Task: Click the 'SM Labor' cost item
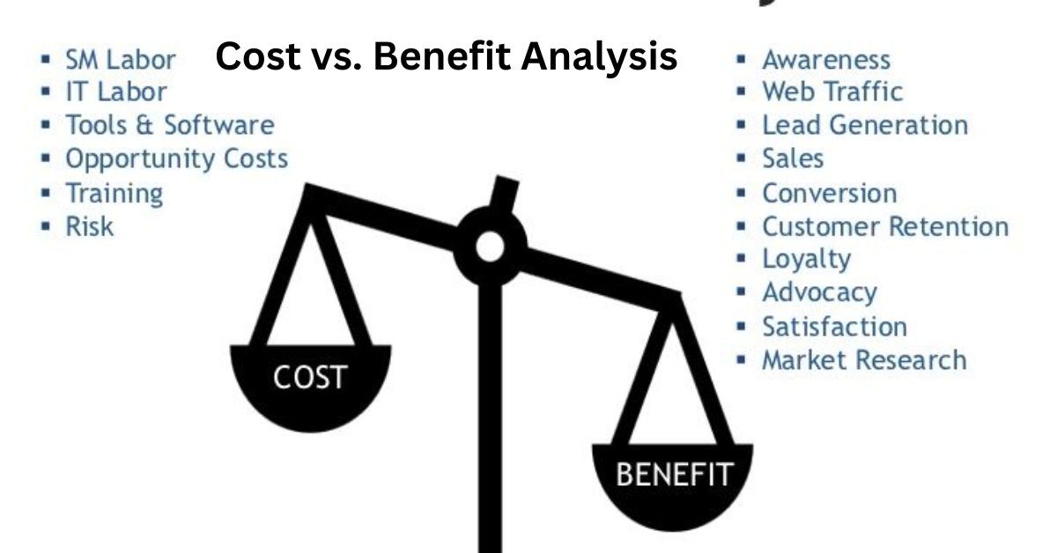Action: coord(121,60)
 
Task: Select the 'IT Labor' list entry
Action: coord(116,92)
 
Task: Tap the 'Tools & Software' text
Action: coord(170,125)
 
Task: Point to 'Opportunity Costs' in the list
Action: coord(176,159)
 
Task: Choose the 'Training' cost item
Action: coord(115,194)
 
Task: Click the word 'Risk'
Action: coord(89,226)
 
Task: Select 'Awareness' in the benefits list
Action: coord(826,60)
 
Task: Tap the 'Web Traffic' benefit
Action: coord(832,92)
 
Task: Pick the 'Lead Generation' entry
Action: coord(865,125)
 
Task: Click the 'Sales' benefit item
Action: coord(793,159)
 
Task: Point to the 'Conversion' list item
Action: coord(830,194)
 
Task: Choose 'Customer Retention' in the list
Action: coord(885,226)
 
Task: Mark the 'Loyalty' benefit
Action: coord(807,260)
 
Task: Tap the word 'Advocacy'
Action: coord(820,293)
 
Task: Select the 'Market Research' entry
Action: coord(864,360)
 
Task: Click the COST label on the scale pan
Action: coord(310,378)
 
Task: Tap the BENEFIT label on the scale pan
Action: coord(675,475)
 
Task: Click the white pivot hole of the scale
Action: coord(490,247)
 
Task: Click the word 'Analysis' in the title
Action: coord(599,57)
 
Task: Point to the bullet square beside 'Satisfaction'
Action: coord(741,327)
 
